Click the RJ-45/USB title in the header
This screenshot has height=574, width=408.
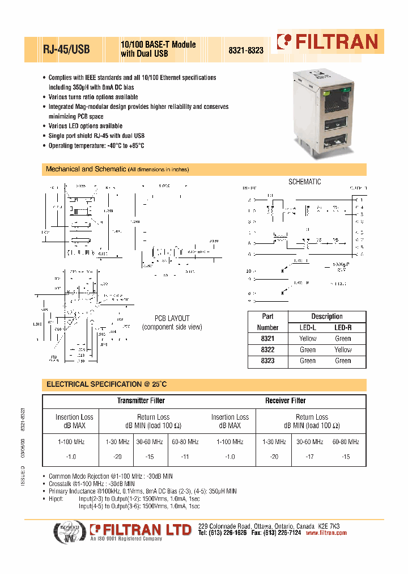point(66,49)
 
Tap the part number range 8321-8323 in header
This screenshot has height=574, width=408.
point(246,50)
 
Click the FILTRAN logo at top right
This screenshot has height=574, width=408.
point(327,41)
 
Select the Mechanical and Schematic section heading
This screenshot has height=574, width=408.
point(86,169)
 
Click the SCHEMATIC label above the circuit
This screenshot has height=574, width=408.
point(304,182)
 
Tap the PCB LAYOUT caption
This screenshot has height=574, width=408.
point(172,319)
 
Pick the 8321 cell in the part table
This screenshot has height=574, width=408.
point(268,339)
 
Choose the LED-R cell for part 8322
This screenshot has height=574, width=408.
point(343,349)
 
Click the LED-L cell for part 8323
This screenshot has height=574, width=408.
point(308,361)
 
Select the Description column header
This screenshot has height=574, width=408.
point(326,316)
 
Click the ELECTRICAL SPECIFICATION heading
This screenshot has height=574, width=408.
point(107,384)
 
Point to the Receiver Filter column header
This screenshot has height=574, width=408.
point(285,400)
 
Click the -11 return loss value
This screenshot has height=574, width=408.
point(185,457)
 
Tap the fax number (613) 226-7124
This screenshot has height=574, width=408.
point(282,533)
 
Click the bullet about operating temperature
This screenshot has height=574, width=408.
point(96,146)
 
